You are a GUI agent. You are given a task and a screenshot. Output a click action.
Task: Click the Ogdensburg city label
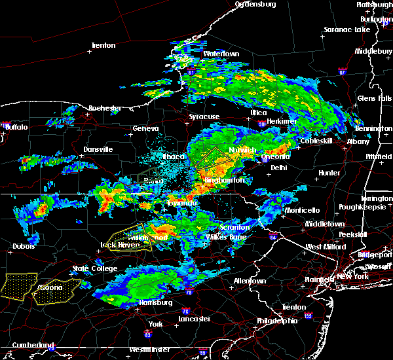tap(255, 5)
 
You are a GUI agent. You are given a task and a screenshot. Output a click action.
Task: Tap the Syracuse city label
tap(204, 117)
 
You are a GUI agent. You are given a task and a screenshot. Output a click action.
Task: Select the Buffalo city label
tap(16, 127)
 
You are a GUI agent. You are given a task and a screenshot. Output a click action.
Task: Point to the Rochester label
tap(105, 108)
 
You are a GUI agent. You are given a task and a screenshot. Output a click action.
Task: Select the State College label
tap(90, 268)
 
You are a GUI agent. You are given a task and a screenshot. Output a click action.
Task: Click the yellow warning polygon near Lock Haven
tap(129, 237)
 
